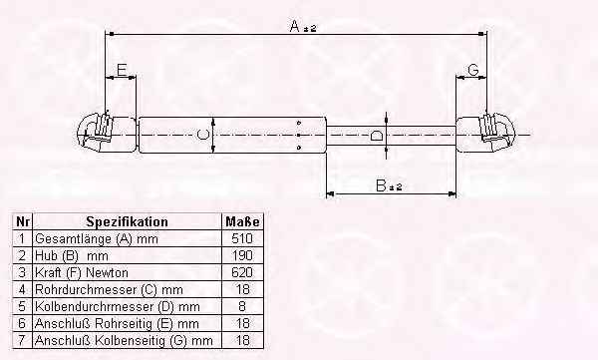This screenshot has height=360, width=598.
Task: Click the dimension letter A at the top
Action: (295, 26)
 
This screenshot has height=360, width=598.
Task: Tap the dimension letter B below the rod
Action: (381, 185)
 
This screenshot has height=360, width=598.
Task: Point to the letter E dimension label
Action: (122, 70)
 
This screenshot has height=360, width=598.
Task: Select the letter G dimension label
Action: (472, 70)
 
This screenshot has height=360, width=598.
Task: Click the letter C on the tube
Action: (203, 135)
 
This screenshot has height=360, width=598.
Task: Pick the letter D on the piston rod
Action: (376, 136)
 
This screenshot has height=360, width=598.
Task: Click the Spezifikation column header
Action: (127, 221)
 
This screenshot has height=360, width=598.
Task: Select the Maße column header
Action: (242, 221)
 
